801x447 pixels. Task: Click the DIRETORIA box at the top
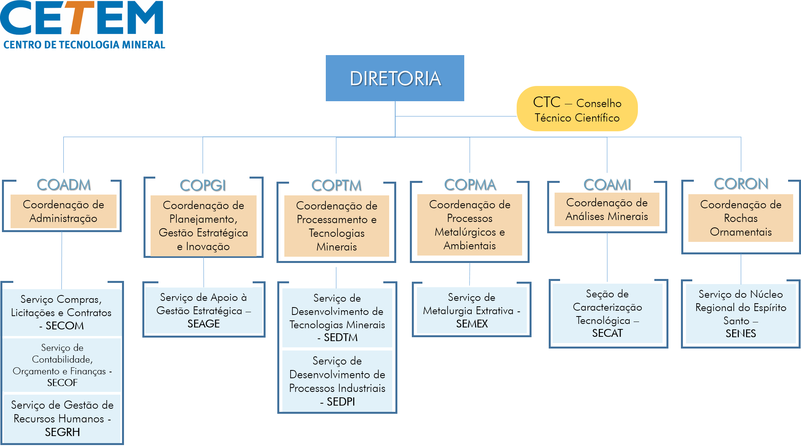click(395, 78)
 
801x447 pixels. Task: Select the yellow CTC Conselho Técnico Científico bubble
click(577, 109)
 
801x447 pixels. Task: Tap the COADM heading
click(64, 184)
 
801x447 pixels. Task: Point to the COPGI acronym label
click(203, 185)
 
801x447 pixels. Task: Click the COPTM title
click(336, 185)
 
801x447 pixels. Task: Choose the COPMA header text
click(470, 184)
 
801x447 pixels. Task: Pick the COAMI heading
click(607, 184)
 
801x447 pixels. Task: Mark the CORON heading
click(741, 184)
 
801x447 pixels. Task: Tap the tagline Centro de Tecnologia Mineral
click(84, 45)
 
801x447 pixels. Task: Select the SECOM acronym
click(65, 326)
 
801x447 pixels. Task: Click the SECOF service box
click(62, 365)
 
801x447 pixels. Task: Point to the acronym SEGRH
click(62, 432)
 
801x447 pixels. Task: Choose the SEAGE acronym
click(203, 324)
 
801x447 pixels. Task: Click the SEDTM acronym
click(341, 338)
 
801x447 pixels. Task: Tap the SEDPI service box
click(337, 381)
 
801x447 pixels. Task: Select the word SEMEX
click(472, 324)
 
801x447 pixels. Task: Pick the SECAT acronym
click(607, 333)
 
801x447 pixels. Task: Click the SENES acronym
click(740, 334)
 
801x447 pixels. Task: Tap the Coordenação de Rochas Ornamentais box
click(740, 218)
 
